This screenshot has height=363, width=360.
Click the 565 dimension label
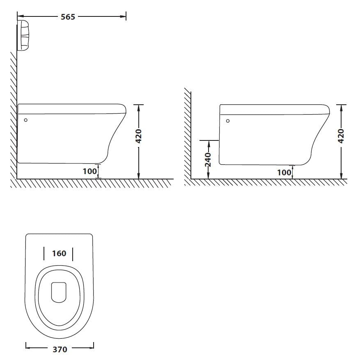pos(68,17)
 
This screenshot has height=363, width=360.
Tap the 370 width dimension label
pos(60,349)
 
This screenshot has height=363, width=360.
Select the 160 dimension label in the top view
pos(59,253)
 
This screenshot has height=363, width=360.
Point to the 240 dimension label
pos(208,159)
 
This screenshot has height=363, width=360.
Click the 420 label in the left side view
pos(138,136)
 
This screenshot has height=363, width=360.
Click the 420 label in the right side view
pos(341,136)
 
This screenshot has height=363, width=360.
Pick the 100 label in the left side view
pos(90,171)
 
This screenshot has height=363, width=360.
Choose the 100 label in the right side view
pos(284,172)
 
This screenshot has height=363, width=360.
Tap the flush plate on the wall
pos(23,35)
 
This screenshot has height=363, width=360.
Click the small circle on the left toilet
pos(26,120)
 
